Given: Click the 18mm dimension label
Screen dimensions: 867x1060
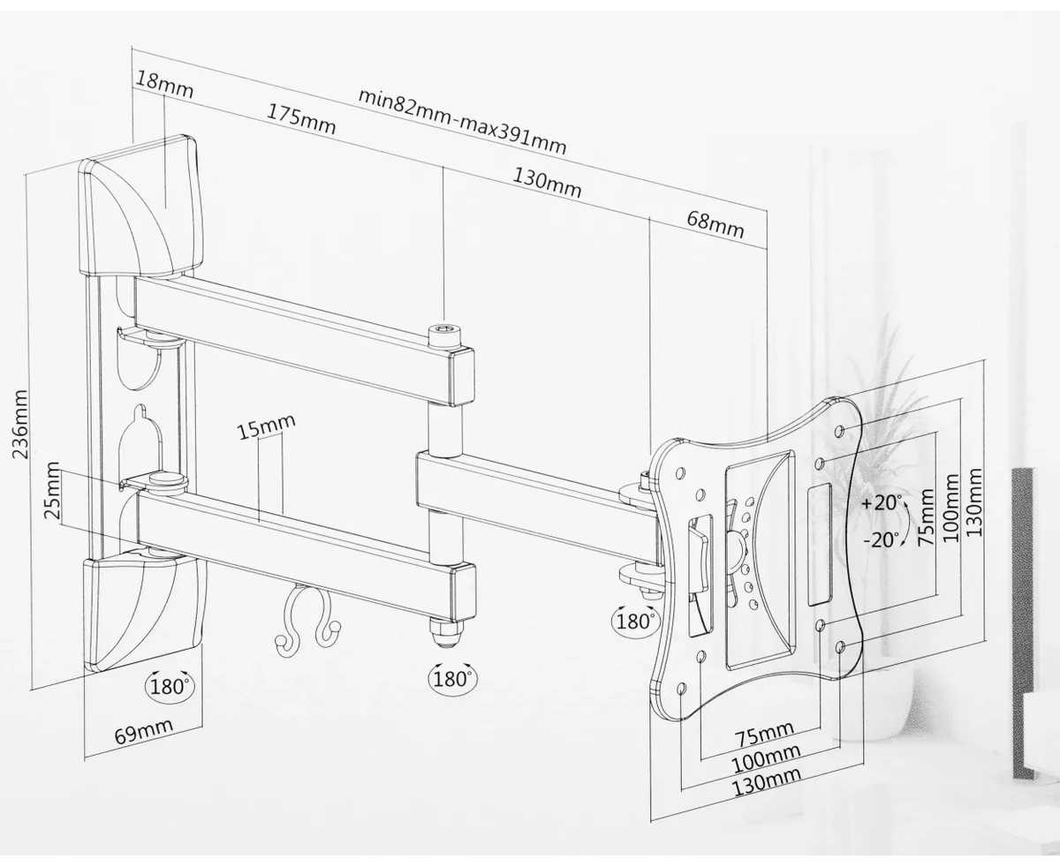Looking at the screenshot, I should click(x=164, y=84).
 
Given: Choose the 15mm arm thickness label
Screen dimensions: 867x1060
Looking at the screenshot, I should click(x=266, y=428).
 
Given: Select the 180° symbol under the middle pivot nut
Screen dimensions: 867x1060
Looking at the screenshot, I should click(x=450, y=678).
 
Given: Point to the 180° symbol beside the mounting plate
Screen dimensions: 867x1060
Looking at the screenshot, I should click(x=634, y=621).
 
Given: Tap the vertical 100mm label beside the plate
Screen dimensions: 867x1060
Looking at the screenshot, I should click(x=951, y=509).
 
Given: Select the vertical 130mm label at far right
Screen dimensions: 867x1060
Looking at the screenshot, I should click(x=973, y=504).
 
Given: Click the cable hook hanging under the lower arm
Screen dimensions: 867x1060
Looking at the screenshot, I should click(x=307, y=620).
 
